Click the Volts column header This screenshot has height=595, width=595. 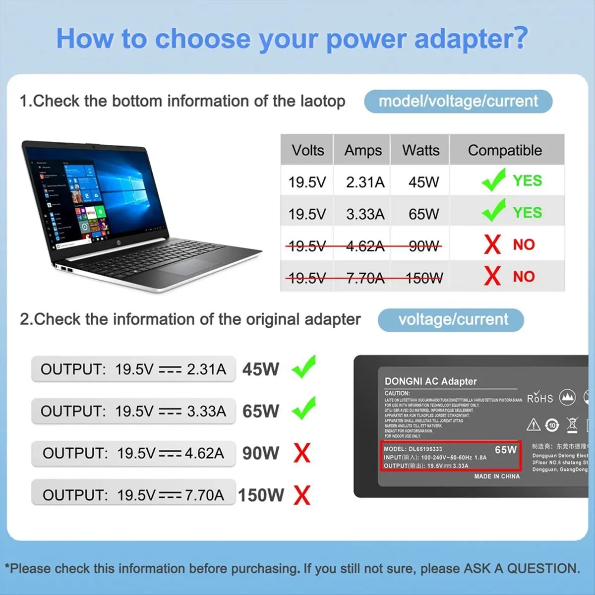click(307, 150)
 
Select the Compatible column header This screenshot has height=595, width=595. click(505, 150)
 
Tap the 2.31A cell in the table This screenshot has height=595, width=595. click(365, 182)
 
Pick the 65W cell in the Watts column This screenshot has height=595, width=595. click(423, 214)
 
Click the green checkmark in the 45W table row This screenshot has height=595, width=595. click(493, 180)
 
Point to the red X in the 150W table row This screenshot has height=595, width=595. click(492, 276)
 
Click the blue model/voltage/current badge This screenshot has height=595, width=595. click(458, 101)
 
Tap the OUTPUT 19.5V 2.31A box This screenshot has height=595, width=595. click(133, 369)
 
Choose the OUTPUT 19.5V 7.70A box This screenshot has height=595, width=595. click(133, 495)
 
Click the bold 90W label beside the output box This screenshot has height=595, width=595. click(261, 453)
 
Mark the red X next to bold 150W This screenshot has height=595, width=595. click(301, 495)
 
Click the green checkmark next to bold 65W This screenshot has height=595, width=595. click(304, 409)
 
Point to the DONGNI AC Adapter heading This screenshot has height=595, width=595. click(430, 381)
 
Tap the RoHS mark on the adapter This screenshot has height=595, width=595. click(539, 398)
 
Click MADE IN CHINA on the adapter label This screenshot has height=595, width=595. click(497, 476)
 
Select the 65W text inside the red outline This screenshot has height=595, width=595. click(505, 450)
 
